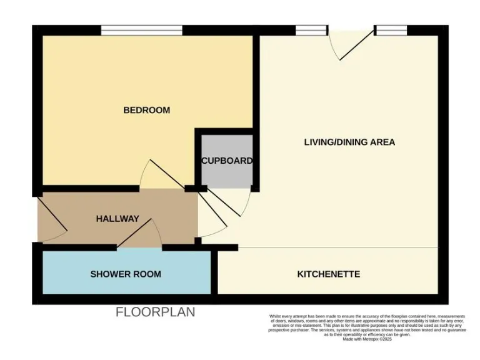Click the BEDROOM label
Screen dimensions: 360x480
pyautogui.click(x=146, y=110)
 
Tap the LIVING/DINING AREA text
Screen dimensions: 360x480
pyautogui.click(x=349, y=142)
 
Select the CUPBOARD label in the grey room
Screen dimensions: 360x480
pyautogui.click(x=226, y=161)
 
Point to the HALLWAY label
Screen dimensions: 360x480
pyautogui.click(x=117, y=219)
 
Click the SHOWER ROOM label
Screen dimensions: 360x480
pyautogui.click(x=126, y=274)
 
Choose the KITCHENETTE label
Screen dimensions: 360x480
pyautogui.click(x=328, y=274)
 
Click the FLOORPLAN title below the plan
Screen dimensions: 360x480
pyautogui.click(x=155, y=312)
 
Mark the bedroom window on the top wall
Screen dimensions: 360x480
pyautogui.click(x=142, y=30)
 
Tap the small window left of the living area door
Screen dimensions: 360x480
pyautogui.click(x=311, y=30)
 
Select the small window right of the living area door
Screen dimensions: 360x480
pyautogui.click(x=391, y=30)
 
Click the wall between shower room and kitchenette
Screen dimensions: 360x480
pyautogui.click(x=214, y=272)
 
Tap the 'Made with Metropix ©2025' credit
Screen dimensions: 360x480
pyautogui.click(x=367, y=339)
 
